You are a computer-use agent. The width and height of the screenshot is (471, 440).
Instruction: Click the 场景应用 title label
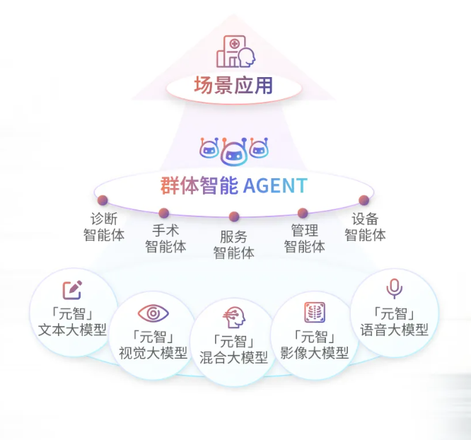coord(233,87)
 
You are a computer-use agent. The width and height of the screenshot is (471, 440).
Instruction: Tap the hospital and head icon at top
coord(235,52)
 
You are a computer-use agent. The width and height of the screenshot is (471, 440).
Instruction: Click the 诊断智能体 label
coord(104,226)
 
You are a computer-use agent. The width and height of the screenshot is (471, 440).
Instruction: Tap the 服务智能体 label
coord(234,244)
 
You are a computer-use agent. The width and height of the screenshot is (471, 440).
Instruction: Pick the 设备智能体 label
coord(366,226)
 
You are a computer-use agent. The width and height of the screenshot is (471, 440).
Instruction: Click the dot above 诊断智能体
coord(103,200)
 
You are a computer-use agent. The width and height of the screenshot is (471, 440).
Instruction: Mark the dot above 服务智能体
coord(234,216)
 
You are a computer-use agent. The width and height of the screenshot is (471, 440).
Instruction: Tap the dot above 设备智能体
coord(364,200)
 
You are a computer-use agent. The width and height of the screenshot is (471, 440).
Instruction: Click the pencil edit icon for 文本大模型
coord(72,290)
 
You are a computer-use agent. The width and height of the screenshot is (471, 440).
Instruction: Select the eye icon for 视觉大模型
coord(153,312)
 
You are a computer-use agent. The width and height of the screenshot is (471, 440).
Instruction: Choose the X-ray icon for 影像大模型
coord(315,312)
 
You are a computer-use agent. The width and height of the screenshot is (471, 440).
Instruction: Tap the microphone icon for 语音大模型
coord(394,289)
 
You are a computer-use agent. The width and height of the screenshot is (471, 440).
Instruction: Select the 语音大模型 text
coord(395,330)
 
